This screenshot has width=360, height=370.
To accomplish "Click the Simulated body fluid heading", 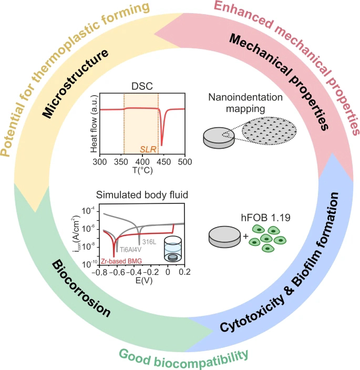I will point(141,195).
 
